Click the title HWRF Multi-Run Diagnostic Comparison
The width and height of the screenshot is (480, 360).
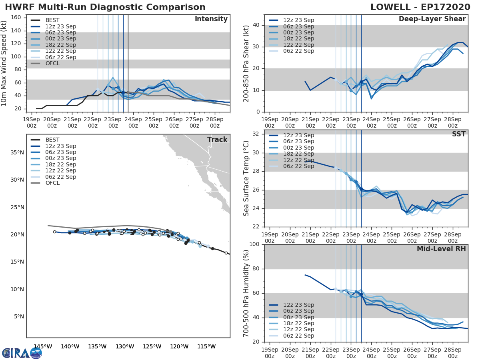point(105,7)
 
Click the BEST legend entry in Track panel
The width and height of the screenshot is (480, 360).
point(52,140)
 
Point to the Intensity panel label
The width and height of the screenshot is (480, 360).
point(211,19)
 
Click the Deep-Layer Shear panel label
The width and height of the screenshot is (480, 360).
point(432,19)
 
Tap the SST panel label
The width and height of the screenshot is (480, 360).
point(458,134)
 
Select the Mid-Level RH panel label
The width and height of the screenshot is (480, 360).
point(441,249)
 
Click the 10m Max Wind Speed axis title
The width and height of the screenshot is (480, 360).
point(4,63)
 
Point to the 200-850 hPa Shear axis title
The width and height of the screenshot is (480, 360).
point(246,63)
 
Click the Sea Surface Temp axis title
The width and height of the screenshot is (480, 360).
point(246,178)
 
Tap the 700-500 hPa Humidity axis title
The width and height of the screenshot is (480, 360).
point(246,293)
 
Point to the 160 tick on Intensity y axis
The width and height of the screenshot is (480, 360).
point(16,17)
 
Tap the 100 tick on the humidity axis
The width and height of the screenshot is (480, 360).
point(254,244)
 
